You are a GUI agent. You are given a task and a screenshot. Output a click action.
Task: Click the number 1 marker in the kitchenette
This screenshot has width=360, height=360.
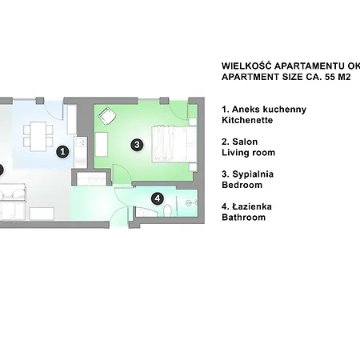[62, 151]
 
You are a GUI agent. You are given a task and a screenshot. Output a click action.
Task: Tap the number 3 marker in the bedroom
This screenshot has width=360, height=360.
[137, 145]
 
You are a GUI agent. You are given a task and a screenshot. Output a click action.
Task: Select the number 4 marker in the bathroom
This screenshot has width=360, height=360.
[158, 198]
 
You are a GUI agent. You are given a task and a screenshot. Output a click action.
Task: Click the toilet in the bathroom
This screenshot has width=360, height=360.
[168, 210]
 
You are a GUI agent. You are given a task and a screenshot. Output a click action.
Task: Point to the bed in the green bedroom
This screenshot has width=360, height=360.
[174, 144]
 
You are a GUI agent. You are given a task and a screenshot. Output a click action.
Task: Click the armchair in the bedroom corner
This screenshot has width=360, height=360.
[107, 116]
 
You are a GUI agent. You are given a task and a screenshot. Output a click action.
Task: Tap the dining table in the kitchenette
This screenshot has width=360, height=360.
[38, 136]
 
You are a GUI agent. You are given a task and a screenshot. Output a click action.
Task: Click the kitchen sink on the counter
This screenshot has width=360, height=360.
[80, 142]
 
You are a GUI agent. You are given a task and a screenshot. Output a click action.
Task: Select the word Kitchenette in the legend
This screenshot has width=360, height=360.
[247, 120]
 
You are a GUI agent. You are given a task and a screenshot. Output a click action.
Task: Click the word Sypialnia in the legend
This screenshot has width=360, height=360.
[253, 174]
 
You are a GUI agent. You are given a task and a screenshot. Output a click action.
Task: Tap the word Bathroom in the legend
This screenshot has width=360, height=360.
[244, 218]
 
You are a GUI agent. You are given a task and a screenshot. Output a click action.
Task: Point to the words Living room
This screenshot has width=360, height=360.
[248, 153]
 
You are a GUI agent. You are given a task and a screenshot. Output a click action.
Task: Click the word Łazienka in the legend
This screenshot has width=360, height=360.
[252, 206]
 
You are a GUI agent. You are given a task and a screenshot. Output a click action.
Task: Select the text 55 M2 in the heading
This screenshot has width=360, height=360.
[338, 77]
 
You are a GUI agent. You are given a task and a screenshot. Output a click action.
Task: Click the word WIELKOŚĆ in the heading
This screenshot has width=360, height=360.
[246, 66]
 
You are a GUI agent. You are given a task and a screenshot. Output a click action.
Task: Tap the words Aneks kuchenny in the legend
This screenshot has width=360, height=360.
[269, 110]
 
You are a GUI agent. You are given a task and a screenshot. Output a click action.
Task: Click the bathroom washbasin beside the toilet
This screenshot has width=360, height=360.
[190, 203]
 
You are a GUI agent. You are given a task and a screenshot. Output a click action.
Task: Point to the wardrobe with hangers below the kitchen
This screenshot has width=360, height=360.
[92, 178]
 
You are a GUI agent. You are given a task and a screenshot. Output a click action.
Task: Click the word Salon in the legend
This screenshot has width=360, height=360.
[245, 142]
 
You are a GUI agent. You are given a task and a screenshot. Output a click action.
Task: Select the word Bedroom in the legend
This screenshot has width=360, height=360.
[242, 185]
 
